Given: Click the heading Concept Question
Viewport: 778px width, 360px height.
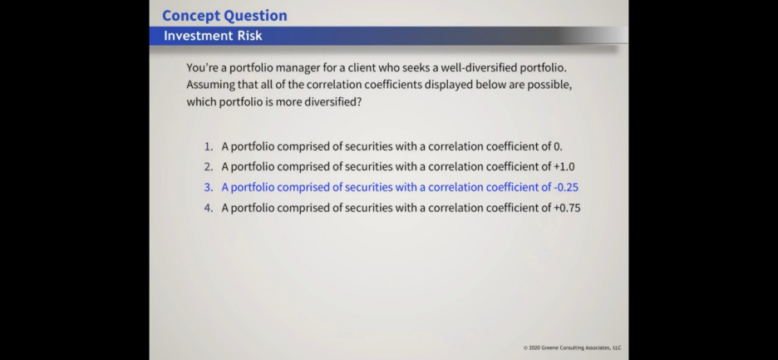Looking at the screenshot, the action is coord(224,16).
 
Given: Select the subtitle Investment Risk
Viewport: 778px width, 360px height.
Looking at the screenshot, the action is coord(213,36).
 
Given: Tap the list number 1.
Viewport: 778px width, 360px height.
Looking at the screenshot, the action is coord(209,146).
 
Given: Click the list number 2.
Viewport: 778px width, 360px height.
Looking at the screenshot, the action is coord(209,167).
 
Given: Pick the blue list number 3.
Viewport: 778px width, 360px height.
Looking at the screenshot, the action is coord(209,187).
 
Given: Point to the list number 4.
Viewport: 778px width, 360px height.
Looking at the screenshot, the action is coord(209,208).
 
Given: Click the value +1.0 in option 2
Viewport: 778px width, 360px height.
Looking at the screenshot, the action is coord(564,167).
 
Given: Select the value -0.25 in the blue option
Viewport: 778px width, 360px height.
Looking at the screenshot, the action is coord(566,187).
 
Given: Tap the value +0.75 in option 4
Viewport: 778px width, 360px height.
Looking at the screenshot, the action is coord(567,208).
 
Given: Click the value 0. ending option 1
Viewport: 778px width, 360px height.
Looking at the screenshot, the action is coord(559,146).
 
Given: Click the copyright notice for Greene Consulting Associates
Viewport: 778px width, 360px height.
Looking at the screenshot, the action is coord(572,348).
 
